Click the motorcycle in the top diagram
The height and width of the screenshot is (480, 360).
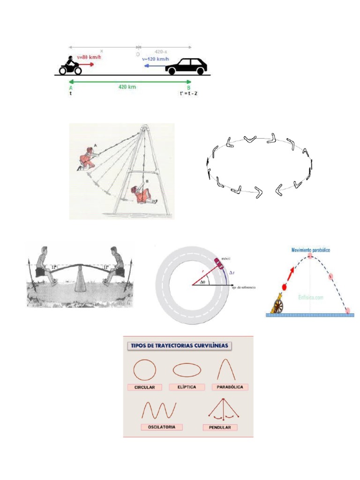pos(70,66)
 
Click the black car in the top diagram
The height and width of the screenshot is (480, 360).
pos(186,67)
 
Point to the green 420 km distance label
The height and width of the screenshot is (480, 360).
pos(127,87)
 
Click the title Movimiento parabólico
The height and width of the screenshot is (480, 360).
pos(310,250)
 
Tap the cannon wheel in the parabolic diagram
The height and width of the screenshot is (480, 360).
pos(277,307)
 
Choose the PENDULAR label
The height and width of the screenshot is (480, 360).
pos(220,427)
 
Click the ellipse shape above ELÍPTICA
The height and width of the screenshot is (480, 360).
pos(187,370)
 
